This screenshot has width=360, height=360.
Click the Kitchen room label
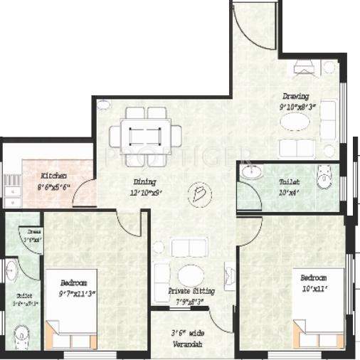click(53, 175)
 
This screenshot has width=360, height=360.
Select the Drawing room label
click(295, 97)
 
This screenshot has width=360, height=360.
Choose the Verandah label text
click(186, 344)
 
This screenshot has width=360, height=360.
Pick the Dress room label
click(34, 232)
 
